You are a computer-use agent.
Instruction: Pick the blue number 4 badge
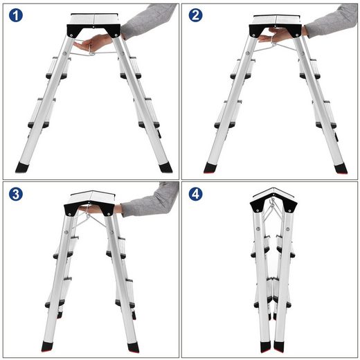click(x=197, y=195)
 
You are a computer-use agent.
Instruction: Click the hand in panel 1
click(x=93, y=44)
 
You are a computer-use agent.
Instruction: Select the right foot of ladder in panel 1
click(x=165, y=168)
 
